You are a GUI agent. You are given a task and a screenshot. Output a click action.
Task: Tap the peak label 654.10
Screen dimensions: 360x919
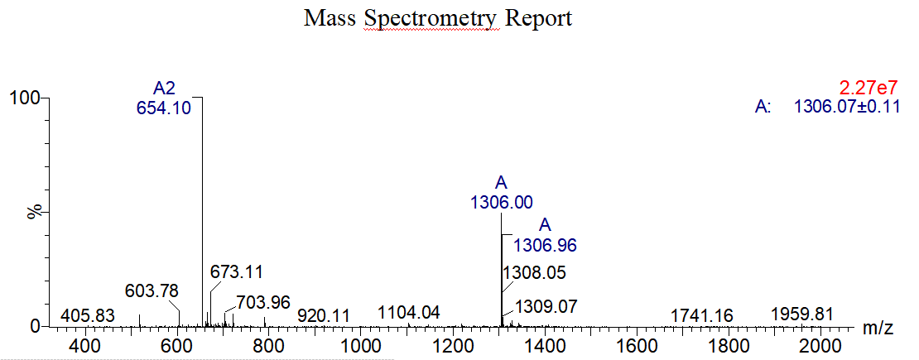(170, 107)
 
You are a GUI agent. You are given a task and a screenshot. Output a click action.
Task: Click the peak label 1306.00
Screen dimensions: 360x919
(502, 201)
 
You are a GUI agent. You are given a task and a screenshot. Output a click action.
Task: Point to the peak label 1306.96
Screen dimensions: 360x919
(545, 245)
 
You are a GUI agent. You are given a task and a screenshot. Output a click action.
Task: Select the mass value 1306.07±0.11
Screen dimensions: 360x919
(846, 107)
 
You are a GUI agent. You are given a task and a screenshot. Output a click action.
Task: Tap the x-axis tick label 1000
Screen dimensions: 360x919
(360, 346)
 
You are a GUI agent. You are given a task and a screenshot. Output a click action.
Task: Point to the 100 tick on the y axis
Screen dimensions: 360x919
(24, 98)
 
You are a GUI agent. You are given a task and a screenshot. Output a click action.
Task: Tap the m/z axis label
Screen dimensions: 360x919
(878, 329)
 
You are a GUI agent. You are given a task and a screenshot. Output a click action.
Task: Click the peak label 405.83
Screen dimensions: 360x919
(88, 316)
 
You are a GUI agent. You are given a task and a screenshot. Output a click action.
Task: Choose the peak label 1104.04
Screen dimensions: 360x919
(409, 313)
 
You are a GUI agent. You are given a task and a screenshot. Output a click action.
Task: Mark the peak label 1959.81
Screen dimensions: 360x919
(801, 314)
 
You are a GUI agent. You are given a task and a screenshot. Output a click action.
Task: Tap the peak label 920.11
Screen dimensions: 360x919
(324, 316)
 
